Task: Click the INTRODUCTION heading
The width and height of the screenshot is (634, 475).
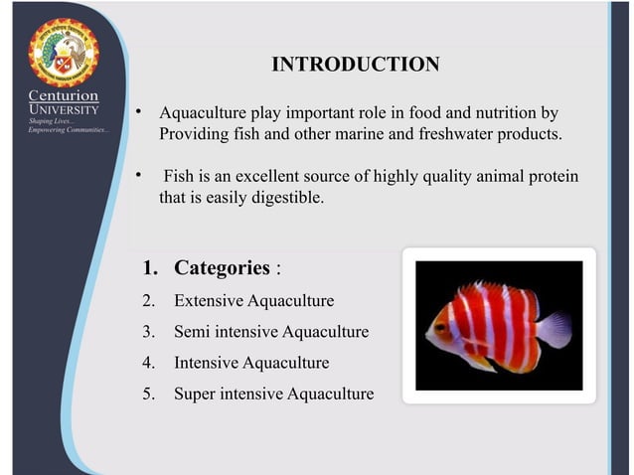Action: tap(355, 66)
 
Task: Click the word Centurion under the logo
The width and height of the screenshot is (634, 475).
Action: tap(63, 96)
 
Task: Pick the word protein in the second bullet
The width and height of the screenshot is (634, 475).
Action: tap(552, 176)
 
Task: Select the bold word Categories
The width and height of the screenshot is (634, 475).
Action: tap(222, 268)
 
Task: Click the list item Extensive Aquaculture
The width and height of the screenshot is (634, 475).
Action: tap(253, 300)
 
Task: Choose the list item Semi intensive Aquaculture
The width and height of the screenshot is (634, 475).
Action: tap(270, 331)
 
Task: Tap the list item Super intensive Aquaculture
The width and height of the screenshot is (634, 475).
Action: tap(273, 394)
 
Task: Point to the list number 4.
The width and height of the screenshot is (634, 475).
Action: tap(148, 363)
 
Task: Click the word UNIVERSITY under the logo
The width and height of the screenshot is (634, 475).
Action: tap(63, 108)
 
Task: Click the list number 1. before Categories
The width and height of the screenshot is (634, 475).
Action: tap(150, 268)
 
